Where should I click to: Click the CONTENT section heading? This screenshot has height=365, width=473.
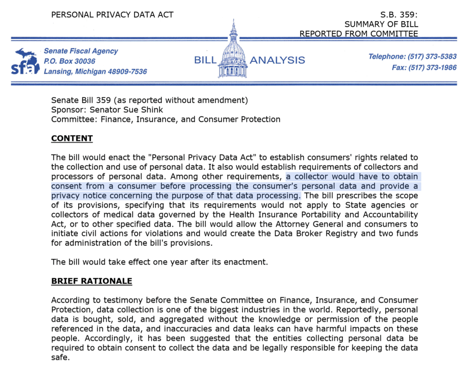72,138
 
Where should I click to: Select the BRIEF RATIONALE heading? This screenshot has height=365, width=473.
91,281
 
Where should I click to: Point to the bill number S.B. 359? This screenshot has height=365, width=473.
397,15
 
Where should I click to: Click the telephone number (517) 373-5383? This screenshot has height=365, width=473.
431,57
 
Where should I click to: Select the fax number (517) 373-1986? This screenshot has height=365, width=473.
431,68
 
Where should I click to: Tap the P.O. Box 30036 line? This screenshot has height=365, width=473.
69,61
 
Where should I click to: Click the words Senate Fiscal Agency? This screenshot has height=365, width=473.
80,51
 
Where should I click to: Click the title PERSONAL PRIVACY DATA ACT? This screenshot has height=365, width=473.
112,15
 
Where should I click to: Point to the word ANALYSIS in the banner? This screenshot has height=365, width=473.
277,60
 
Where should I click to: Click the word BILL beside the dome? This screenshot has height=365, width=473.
205,60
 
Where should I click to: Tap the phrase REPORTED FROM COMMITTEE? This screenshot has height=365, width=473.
358,34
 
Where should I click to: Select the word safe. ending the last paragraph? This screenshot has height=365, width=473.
60,357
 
